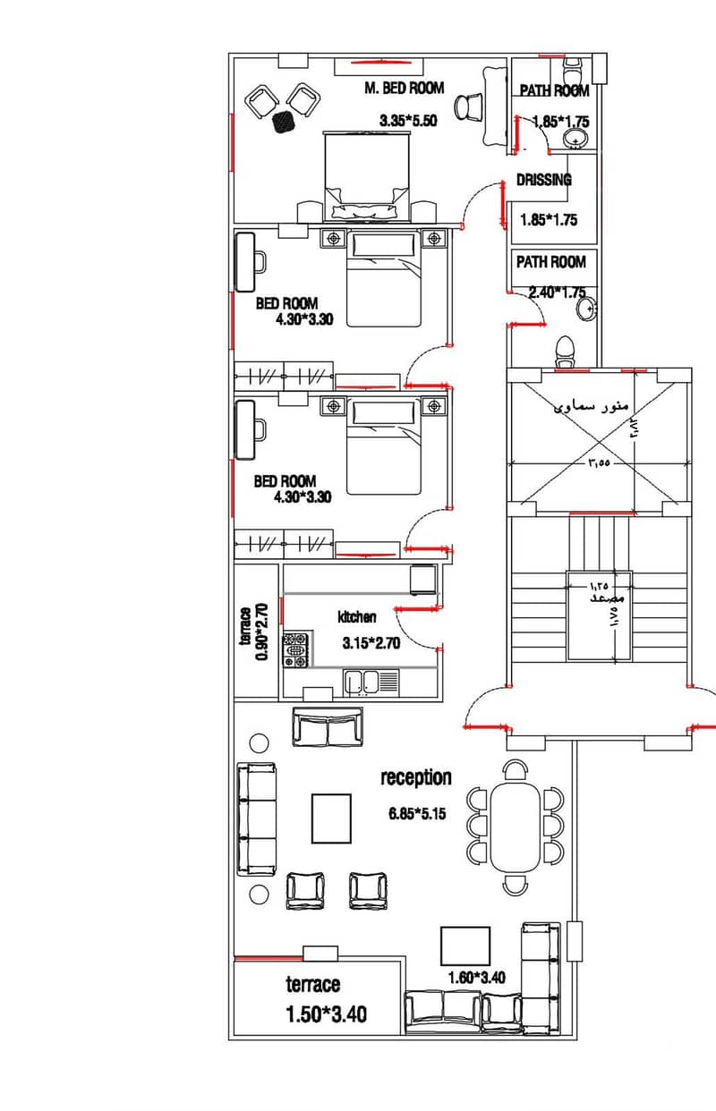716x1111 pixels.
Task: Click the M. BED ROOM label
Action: pyautogui.click(x=404, y=89)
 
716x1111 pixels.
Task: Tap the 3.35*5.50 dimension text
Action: pyautogui.click(x=408, y=121)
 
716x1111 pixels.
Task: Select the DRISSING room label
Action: pyautogui.click(x=544, y=180)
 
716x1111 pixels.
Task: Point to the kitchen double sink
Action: pyautogui.click(x=371, y=683)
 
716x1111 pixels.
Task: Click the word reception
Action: pyautogui.click(x=416, y=778)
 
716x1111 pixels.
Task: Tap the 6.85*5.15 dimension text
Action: pyautogui.click(x=417, y=813)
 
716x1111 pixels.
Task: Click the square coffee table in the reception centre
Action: pyautogui.click(x=331, y=818)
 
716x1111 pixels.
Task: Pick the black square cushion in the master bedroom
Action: pyautogui.click(x=284, y=122)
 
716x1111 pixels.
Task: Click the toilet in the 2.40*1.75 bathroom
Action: pyautogui.click(x=564, y=352)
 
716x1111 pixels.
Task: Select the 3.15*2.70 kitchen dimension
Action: pyautogui.click(x=371, y=643)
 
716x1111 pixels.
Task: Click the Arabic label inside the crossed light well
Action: pyautogui.click(x=591, y=406)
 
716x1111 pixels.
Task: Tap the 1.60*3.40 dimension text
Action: pyautogui.click(x=476, y=977)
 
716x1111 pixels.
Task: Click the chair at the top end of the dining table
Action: pyautogui.click(x=516, y=770)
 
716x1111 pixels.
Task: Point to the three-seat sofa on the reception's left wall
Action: pyautogui.click(x=257, y=819)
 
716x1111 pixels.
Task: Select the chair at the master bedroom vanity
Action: pyautogui.click(x=468, y=106)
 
